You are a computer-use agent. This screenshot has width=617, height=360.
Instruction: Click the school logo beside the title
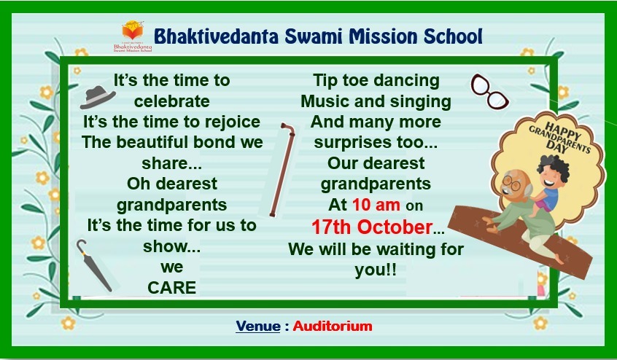tap(133, 36)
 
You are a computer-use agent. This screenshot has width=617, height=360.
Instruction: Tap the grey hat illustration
tap(98, 97)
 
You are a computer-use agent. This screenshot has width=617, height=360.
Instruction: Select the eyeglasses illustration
tap(489, 91)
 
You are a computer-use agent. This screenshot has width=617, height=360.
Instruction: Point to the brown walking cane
tap(282, 169)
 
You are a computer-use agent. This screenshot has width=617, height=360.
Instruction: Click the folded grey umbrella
tap(93, 266)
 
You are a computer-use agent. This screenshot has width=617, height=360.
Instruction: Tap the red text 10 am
tap(376, 205)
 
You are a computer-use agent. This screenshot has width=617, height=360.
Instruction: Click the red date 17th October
tap(372, 227)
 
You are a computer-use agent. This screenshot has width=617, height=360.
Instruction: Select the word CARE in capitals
tap(171, 288)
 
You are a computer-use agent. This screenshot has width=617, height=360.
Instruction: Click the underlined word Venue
tap(258, 326)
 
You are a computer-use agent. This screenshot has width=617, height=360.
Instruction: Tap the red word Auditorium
tap(333, 326)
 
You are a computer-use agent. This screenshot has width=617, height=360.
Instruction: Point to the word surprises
tap(352, 143)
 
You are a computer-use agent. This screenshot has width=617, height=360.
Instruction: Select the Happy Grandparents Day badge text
tap(560, 137)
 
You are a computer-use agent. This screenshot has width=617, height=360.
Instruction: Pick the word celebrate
tap(171, 101)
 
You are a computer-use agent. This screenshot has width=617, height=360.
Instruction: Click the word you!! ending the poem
tap(376, 271)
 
